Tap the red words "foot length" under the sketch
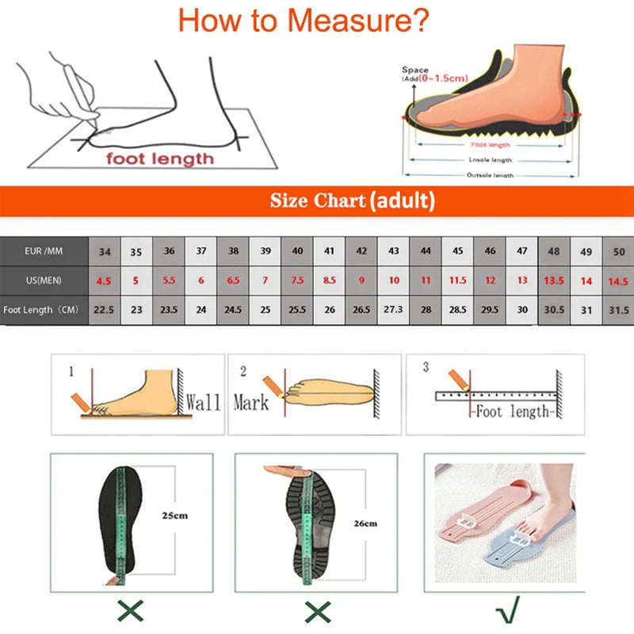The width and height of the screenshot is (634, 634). coord(160,158)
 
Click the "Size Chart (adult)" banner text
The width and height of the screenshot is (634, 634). coord(352,201)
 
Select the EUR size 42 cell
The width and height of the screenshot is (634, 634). coord(361,251)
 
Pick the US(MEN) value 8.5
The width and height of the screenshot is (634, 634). coord(329,280)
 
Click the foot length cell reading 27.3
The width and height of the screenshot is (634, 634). coord(393,309)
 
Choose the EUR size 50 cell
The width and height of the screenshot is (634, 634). coord(618,251)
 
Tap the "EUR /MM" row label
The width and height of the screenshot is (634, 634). coord(43,251)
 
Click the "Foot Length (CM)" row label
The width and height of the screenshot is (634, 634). coord(43,309)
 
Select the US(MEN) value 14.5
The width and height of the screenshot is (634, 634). coord(618,280)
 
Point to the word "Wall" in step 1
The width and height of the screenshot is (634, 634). coord(203,402)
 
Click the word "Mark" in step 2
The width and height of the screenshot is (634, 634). coord(250,403)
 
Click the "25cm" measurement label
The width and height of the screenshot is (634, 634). coord(175,516)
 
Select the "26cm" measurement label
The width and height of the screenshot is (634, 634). coord(365,523)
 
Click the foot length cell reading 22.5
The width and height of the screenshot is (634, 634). coord(105,309)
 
